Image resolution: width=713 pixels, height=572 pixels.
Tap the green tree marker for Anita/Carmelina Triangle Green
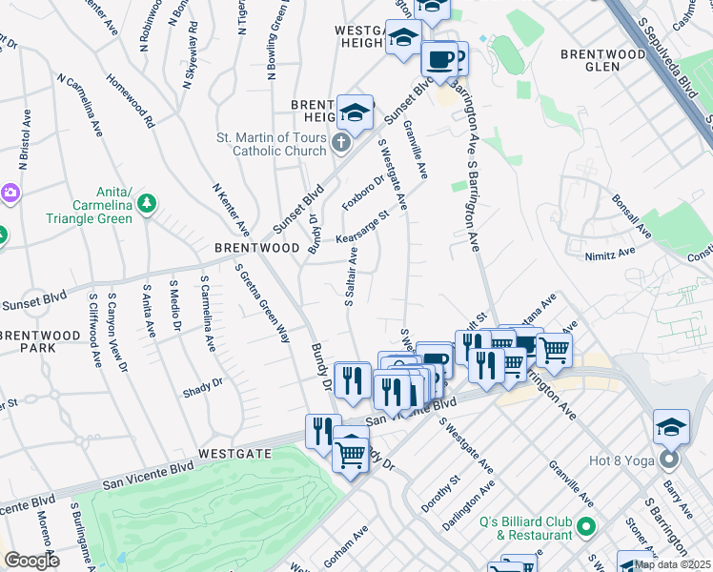click(146, 202)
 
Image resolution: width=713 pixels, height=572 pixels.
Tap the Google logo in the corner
click(31, 561)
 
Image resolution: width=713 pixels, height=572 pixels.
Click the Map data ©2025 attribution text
click(672, 564)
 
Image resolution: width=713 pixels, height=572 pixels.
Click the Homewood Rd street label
click(130, 102)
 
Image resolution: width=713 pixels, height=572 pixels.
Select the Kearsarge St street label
click(361, 229)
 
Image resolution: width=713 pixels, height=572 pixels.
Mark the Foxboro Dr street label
click(362, 193)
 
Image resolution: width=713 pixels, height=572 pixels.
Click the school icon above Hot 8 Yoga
click(671, 426)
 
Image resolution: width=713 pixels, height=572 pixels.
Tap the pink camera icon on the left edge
click(10, 193)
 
